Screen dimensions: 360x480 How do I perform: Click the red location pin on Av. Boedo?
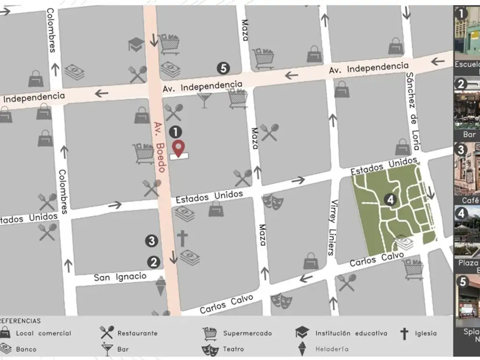(x=178, y=148)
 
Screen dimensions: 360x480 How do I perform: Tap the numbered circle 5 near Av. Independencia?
(x=224, y=68)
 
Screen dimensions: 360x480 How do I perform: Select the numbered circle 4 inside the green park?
(x=390, y=200)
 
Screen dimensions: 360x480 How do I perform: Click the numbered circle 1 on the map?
(x=175, y=132)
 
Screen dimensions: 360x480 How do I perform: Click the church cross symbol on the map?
(x=182, y=238)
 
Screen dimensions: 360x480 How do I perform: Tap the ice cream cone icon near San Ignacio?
(x=161, y=285)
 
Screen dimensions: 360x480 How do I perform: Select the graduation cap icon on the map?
(x=136, y=45)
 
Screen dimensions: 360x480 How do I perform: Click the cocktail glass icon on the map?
(x=204, y=100)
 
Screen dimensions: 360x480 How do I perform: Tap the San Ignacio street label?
(x=120, y=277)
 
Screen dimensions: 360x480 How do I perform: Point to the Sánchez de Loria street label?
(x=412, y=111)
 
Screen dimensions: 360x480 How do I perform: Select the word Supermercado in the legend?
(x=247, y=333)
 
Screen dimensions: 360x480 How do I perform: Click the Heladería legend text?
(x=332, y=349)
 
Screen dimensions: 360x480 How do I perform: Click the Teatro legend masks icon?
(x=210, y=349)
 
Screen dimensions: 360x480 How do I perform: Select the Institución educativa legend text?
(x=351, y=333)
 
